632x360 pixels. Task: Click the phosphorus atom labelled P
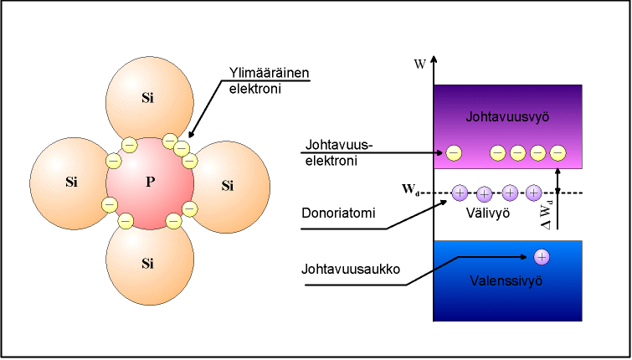(x=150, y=183)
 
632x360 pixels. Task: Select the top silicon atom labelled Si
(x=150, y=99)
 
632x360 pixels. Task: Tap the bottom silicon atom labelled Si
(x=150, y=264)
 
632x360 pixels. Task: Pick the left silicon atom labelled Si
(x=70, y=183)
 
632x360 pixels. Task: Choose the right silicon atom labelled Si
(x=229, y=186)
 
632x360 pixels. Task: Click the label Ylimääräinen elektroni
(x=269, y=80)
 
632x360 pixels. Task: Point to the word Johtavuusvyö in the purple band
(x=507, y=117)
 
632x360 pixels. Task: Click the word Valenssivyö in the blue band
(x=506, y=280)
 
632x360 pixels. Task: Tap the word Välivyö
(x=488, y=213)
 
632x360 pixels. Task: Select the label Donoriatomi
(x=338, y=213)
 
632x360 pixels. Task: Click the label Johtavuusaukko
(x=351, y=269)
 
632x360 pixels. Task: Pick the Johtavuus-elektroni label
(x=337, y=152)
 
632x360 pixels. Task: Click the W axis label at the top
(x=419, y=64)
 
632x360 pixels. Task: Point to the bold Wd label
(x=411, y=189)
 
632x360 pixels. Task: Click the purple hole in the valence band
(x=542, y=257)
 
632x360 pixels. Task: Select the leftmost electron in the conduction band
(x=454, y=153)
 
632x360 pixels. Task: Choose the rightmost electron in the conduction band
(x=557, y=153)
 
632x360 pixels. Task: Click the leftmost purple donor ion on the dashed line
(x=460, y=193)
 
